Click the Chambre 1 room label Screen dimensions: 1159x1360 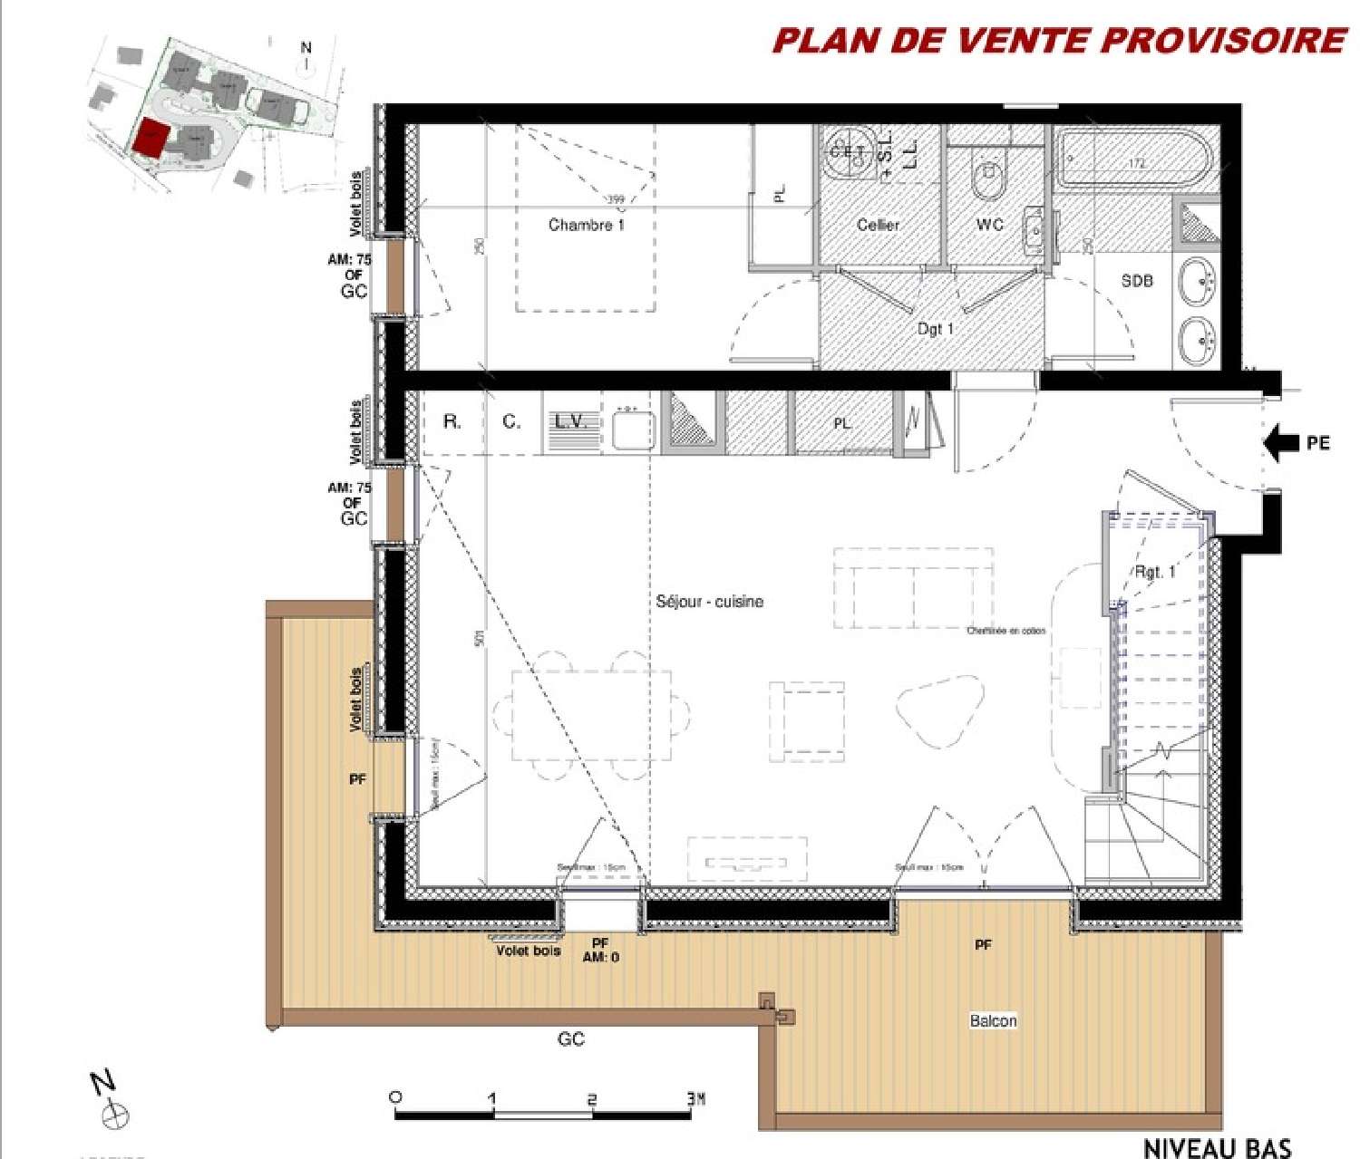pyautogui.click(x=586, y=225)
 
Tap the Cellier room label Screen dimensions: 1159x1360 pyautogui.click(x=878, y=225)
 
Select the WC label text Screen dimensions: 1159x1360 pyautogui.click(x=989, y=225)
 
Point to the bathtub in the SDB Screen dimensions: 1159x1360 pyautogui.click(x=1137, y=161)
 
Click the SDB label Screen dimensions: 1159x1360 pyautogui.click(x=1137, y=281)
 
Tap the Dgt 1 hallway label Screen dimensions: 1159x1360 pyautogui.click(x=935, y=329)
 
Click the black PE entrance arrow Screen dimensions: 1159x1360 pyautogui.click(x=1281, y=443)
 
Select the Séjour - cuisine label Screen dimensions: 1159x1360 pyautogui.click(x=709, y=602)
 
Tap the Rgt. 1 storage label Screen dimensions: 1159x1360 pyautogui.click(x=1154, y=572)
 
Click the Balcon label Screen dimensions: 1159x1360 pyautogui.click(x=993, y=1021)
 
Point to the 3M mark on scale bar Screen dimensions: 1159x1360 pyautogui.click(x=695, y=1098)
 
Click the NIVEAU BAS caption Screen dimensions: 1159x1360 pyautogui.click(x=1216, y=1147)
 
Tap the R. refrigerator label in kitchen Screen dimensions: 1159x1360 pyautogui.click(x=452, y=422)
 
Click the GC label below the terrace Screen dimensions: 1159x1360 pyautogui.click(x=570, y=1039)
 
